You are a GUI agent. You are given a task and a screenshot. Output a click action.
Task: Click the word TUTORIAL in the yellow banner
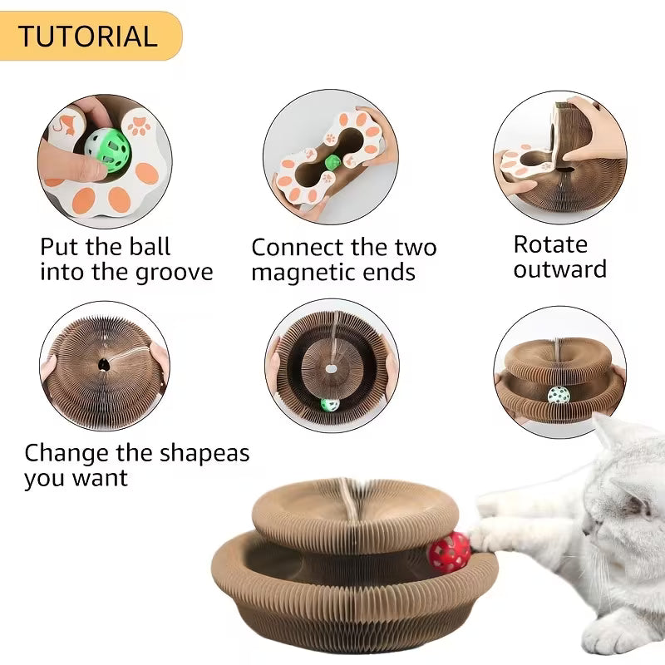87,36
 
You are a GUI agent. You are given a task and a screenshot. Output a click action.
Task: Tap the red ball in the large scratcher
449,551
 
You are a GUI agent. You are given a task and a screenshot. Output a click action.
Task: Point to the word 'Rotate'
550,244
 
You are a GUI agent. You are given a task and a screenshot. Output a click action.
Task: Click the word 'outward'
559,269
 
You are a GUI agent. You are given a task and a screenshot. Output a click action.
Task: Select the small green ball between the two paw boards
331,162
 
